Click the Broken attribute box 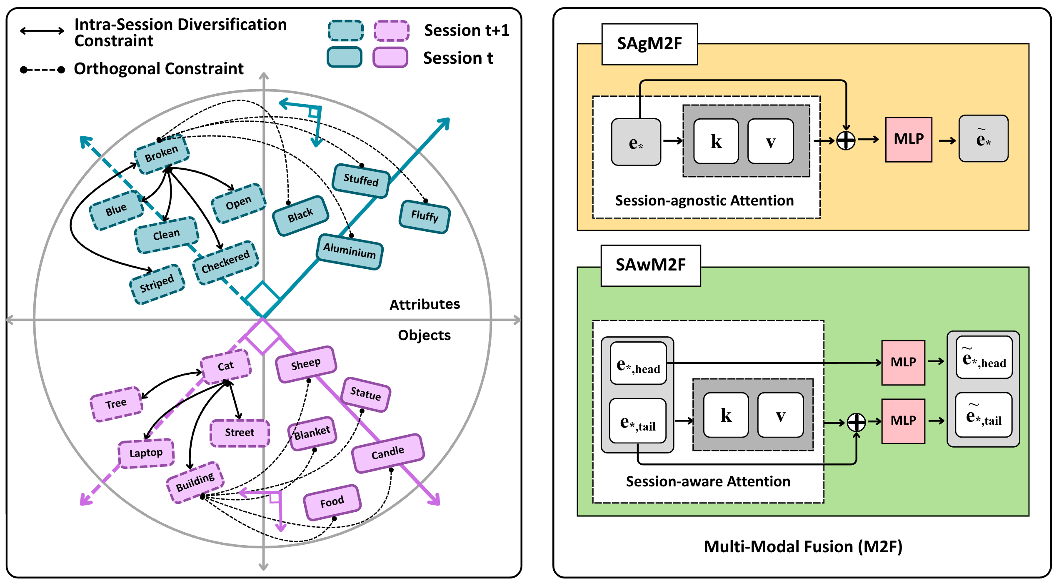(162, 154)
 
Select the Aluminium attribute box (350, 251)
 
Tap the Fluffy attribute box (425, 216)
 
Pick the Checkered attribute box (226, 263)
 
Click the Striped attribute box (157, 284)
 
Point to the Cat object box (226, 366)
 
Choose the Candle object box (388, 453)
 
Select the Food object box (332, 502)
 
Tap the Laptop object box (146, 453)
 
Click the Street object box (240, 433)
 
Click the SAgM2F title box (649, 44)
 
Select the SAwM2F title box (650, 265)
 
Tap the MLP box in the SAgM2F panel (909, 139)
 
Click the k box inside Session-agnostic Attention (716, 141)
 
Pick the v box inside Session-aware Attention (780, 415)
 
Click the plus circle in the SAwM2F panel (856, 422)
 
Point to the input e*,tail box (638, 421)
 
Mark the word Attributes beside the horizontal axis (425, 305)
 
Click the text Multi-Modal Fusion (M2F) (803, 546)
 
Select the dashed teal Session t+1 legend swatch (345, 30)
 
